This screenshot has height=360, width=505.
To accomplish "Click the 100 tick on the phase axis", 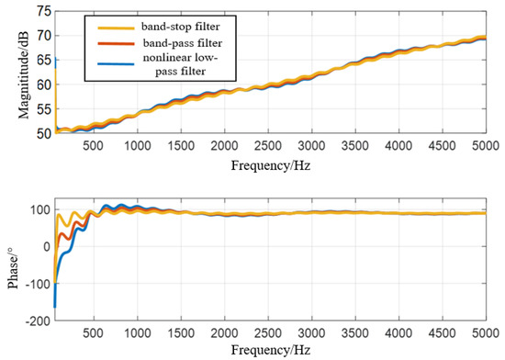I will coord(40,209).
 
